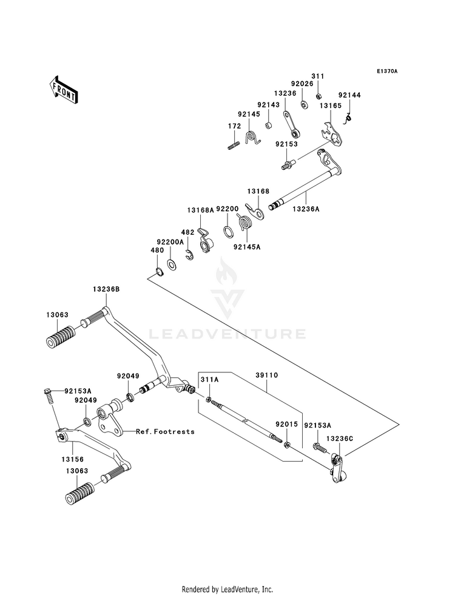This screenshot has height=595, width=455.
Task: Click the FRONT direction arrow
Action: point(63,90)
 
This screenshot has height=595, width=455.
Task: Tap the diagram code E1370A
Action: point(386,72)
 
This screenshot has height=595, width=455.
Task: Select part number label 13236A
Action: point(306,208)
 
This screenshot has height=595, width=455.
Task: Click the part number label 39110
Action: point(266,375)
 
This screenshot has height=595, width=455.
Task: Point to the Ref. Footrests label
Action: point(165,431)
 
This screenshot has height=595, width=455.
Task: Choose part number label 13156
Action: point(72,459)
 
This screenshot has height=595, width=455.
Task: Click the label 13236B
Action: point(106,289)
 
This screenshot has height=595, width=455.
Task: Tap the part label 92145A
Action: point(247,247)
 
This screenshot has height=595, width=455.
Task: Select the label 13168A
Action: point(200,209)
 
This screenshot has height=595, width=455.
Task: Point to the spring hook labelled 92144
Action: point(348,119)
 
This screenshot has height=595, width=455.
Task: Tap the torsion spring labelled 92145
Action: point(252,137)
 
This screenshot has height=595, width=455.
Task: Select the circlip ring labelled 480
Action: point(159,272)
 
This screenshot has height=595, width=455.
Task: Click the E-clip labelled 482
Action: point(189,256)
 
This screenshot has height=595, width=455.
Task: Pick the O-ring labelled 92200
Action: point(228,232)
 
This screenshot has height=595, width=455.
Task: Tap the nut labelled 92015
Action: point(288,443)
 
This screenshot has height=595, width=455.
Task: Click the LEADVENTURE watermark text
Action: point(227,334)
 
